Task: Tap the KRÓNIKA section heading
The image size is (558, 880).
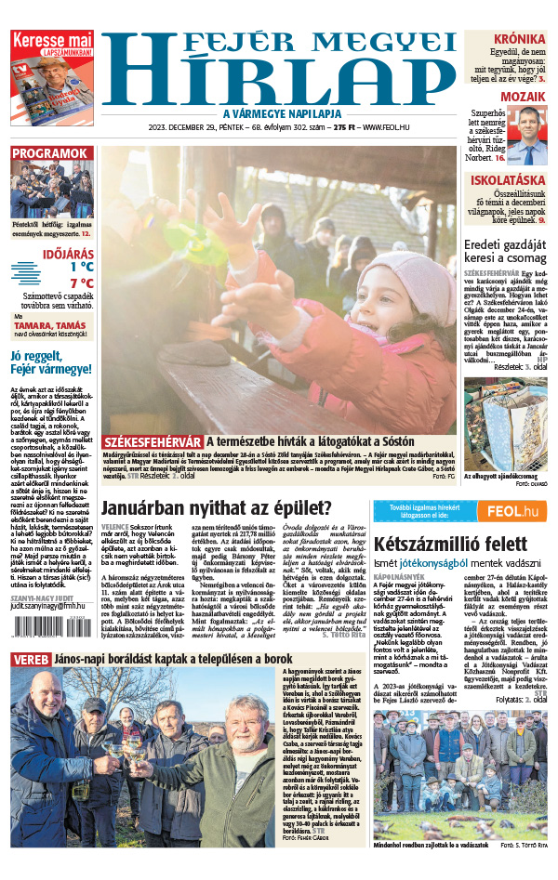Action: tap(519, 39)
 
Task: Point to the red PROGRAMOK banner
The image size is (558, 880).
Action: tap(50, 153)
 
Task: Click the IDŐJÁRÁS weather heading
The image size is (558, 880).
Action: tap(68, 252)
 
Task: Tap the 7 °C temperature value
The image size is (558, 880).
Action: tap(81, 283)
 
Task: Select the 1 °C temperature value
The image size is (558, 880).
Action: tap(81, 267)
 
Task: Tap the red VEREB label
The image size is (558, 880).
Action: tap(31, 659)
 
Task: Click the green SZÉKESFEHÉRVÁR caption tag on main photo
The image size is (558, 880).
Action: tap(153, 441)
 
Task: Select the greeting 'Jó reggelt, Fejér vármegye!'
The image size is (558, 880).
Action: tap(50, 361)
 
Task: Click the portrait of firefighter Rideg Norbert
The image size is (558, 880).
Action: tap(528, 136)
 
